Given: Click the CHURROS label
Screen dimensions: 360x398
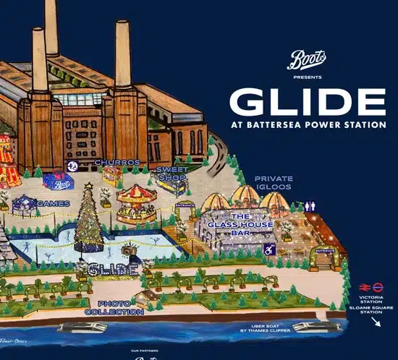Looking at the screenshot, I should coord(117,162).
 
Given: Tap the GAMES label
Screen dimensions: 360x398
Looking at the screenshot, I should coord(53,203).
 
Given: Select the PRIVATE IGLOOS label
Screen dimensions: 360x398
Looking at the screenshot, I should coord(273,182).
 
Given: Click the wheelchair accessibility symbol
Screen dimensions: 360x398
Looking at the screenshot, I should coord(269,249).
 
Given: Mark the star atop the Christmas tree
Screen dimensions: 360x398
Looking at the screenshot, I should coord(88,187).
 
